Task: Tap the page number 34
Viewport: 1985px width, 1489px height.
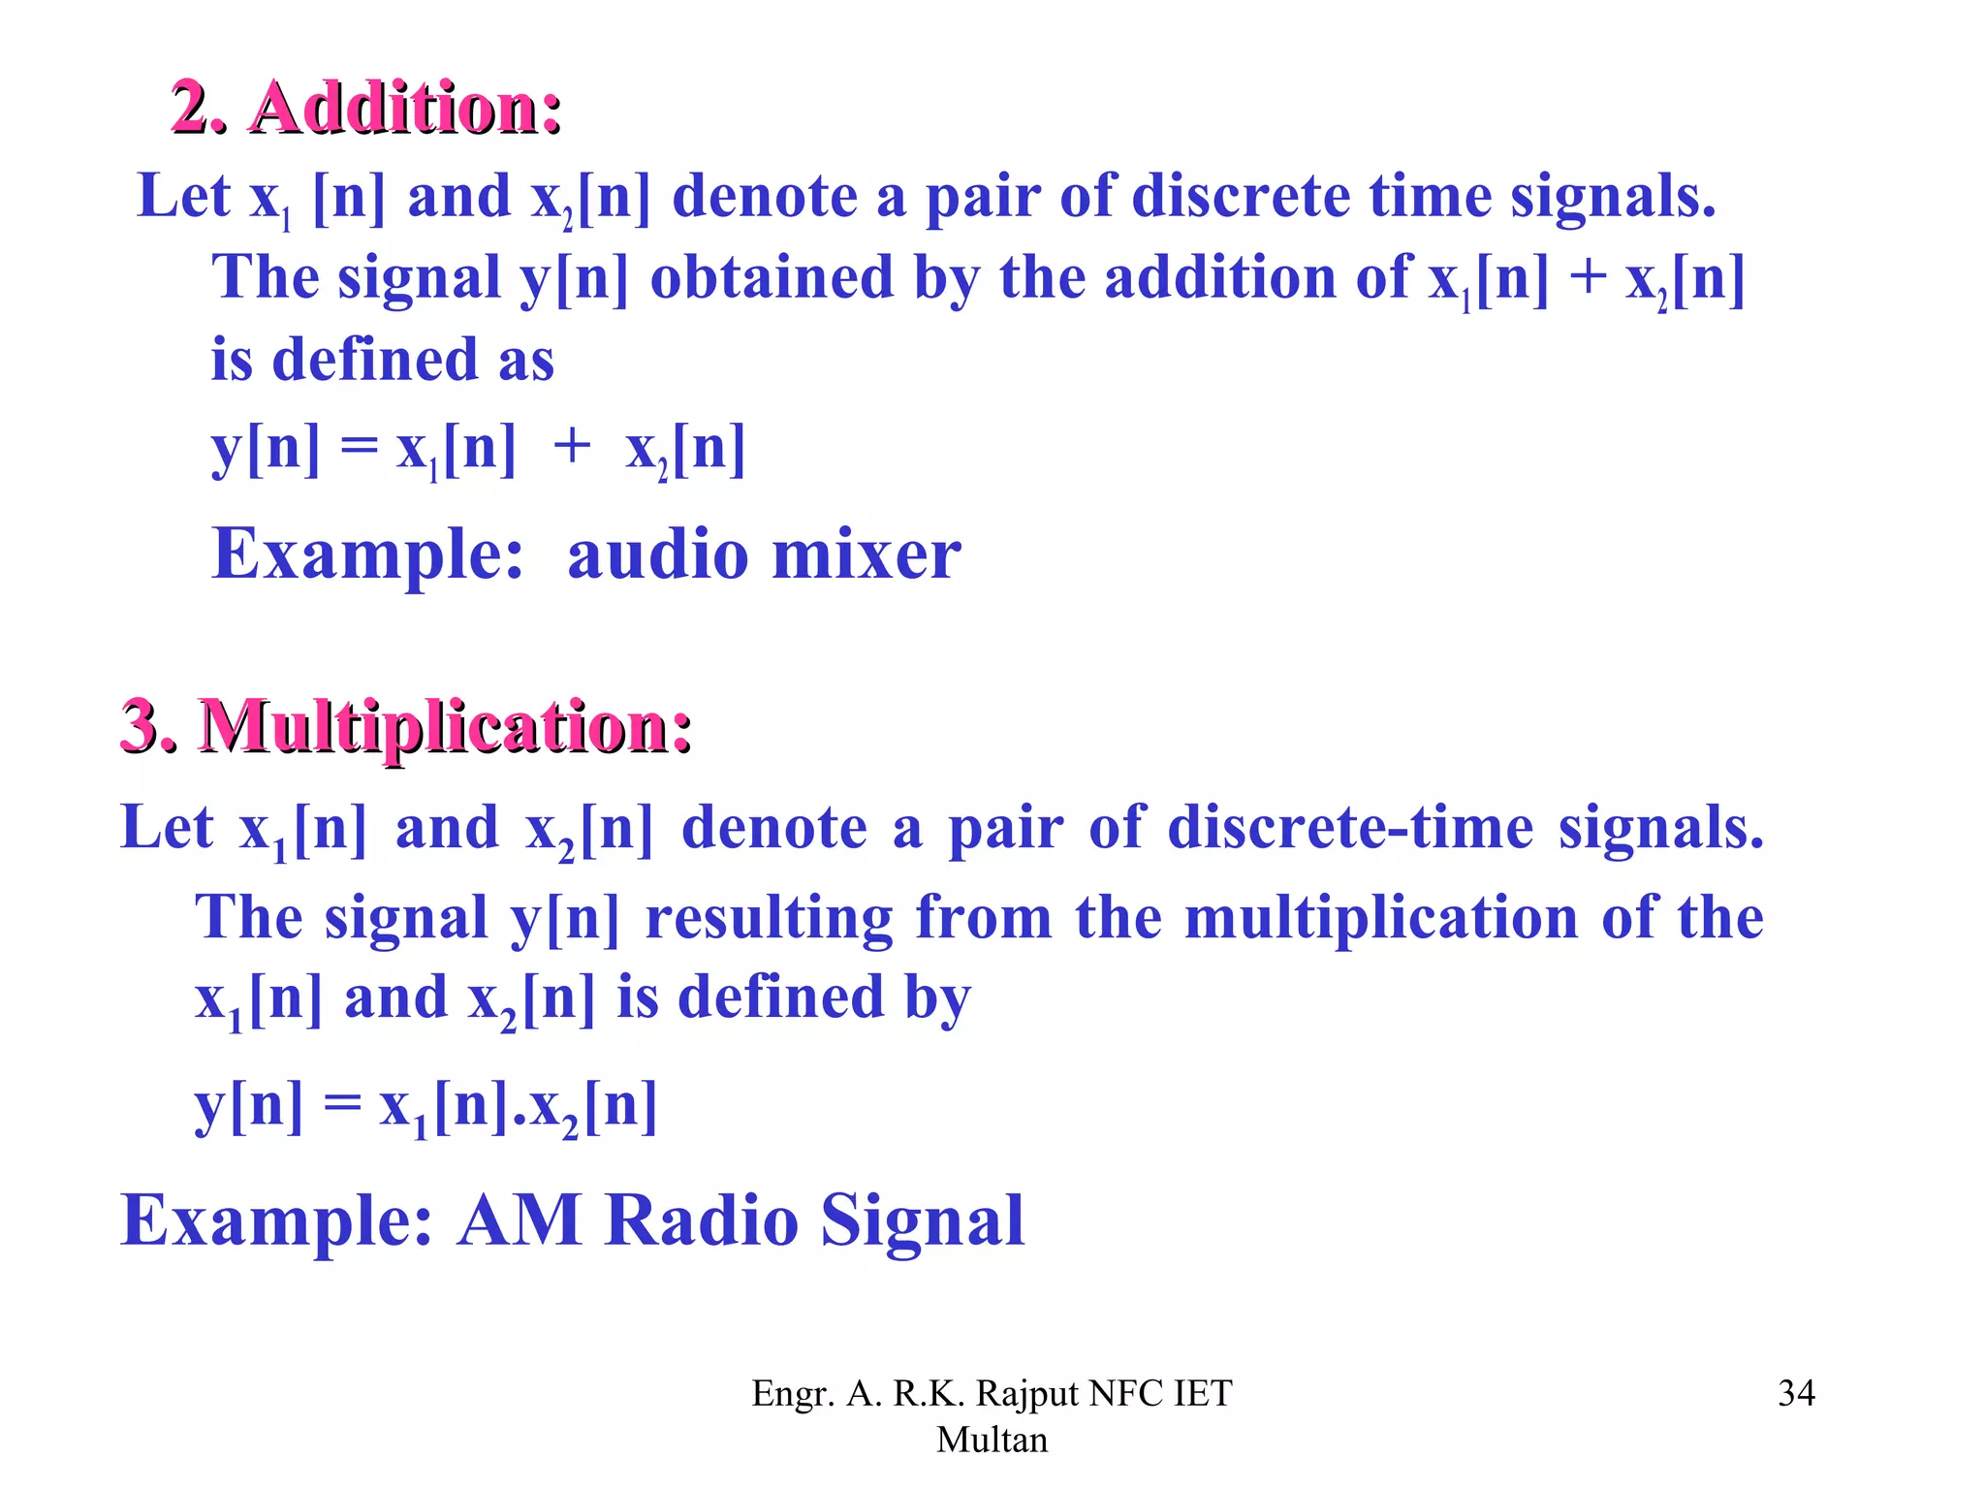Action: click(x=1796, y=1393)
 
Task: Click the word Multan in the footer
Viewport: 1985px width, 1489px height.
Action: click(x=992, y=1440)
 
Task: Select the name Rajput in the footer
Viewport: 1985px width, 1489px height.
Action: click(x=1027, y=1393)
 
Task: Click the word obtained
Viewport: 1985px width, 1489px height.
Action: click(x=771, y=277)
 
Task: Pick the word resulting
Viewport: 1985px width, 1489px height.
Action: click(x=769, y=918)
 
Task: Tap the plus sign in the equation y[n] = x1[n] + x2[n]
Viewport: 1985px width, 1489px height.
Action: click(x=572, y=448)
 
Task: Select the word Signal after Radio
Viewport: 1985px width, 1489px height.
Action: click(x=922, y=1220)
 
